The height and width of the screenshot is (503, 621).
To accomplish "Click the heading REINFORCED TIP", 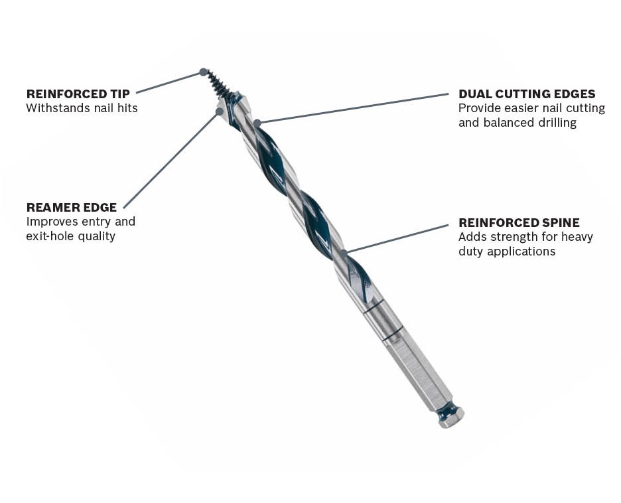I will [78, 94].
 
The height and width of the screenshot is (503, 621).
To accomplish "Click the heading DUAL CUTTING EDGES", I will [527, 94].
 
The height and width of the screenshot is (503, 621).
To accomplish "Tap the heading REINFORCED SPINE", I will [519, 223].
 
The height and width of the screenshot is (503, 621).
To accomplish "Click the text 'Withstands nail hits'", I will [82, 108].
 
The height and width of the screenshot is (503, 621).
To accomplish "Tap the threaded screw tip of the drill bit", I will [217, 85].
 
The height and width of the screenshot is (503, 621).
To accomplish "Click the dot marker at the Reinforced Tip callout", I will [203, 72].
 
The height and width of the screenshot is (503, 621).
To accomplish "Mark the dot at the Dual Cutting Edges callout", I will [257, 123].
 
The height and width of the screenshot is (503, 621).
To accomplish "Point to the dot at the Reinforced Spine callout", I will [344, 252].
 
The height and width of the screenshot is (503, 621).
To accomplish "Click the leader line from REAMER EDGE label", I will [171, 160].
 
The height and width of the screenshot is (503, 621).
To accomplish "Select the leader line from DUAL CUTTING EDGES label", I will [352, 109].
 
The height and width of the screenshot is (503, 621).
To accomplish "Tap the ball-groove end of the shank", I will [451, 416].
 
